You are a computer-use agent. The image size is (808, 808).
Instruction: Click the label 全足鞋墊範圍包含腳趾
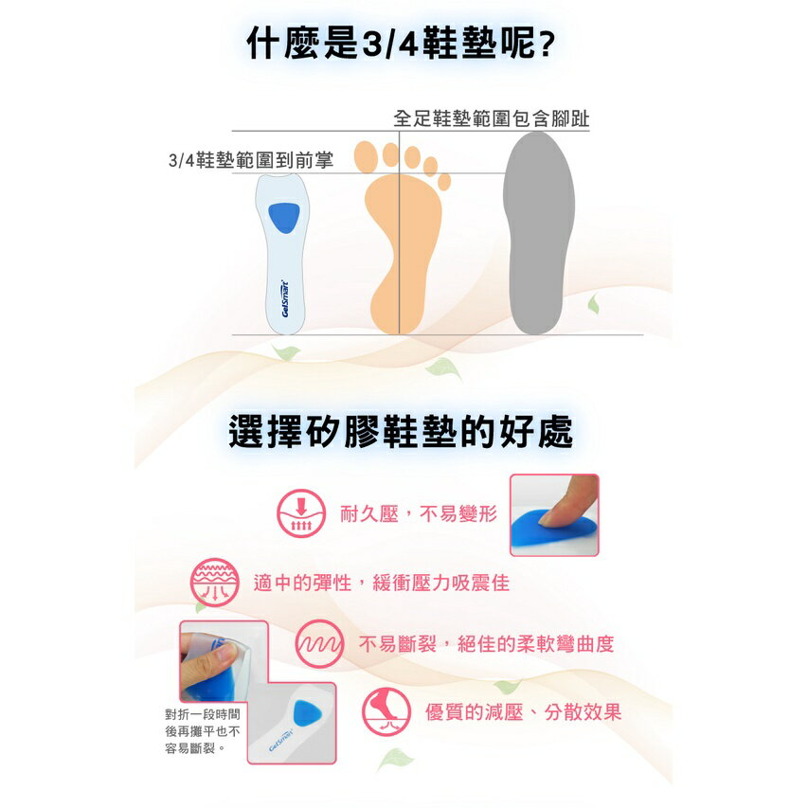pyautogui.click(x=491, y=119)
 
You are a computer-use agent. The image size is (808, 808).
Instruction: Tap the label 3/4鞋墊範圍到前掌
pyautogui.click(x=250, y=160)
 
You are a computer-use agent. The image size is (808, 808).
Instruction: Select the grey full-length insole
pyautogui.click(x=538, y=232)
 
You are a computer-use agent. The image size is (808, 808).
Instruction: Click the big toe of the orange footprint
pyautogui.click(x=366, y=154)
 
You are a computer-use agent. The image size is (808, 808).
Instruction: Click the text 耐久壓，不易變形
pyautogui.click(x=418, y=514)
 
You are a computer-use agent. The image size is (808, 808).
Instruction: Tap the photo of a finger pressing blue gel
pyautogui.click(x=554, y=514)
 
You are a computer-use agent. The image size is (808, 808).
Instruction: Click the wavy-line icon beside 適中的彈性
pyautogui.click(x=214, y=582)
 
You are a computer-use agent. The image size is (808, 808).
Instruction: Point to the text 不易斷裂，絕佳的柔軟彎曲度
pyautogui.click(x=486, y=644)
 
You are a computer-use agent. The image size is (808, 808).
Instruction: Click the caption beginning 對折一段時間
pyautogui.click(x=202, y=731)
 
